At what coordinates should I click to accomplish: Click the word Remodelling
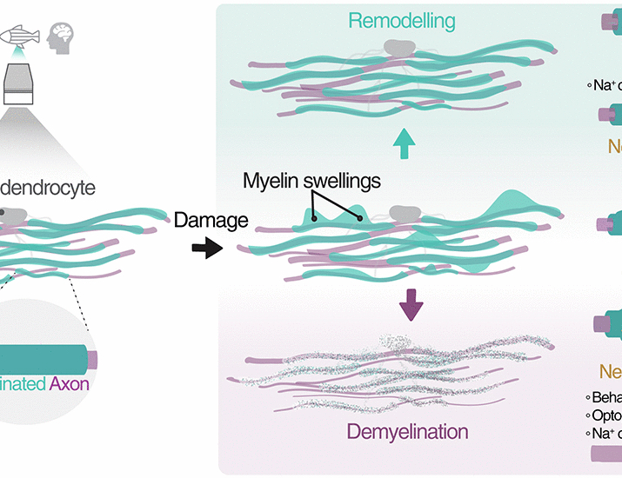click(x=402, y=21)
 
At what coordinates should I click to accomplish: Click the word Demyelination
click(x=408, y=431)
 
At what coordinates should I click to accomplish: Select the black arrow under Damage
click(x=206, y=249)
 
